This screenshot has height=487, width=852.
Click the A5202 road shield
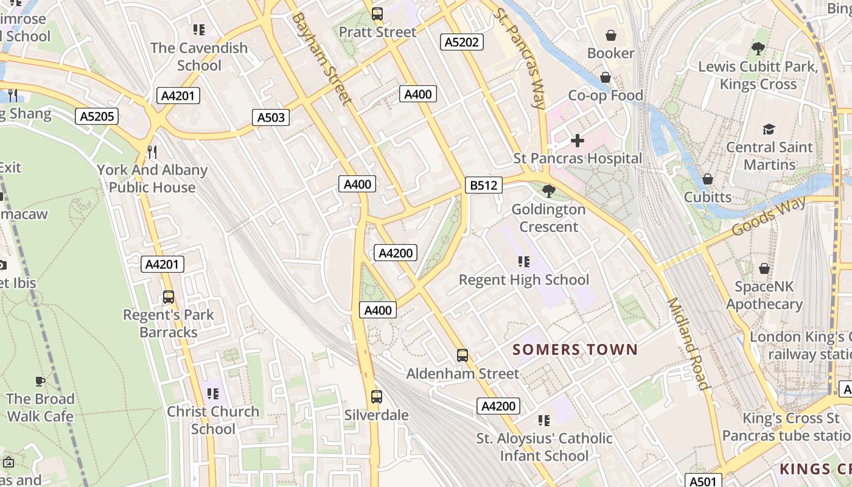tap(462, 41)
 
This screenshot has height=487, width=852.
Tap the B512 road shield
tap(484, 185)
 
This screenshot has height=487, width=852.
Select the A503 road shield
tap(271, 117)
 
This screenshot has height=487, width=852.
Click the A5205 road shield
tap(97, 116)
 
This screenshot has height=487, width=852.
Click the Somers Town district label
tap(574, 349)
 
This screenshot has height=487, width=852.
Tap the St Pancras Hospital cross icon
tap(577, 141)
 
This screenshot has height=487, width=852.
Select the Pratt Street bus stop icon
tap(377, 14)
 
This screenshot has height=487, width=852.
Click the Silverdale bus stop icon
tap(377, 397)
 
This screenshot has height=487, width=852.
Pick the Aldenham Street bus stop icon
tap(463, 356)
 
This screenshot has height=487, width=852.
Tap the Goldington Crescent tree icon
tap(548, 191)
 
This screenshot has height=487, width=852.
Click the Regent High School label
tap(524, 279)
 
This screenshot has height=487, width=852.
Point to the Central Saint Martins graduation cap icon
tap(769, 129)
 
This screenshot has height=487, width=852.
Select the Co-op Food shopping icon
tap(606, 77)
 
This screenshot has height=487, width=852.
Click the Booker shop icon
tap(610, 35)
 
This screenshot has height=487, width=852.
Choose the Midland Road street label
tap(688, 344)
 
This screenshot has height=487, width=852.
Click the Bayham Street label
tap(321, 58)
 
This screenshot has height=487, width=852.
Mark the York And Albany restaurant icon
tap(152, 152)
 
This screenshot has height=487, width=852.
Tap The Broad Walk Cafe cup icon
tap(40, 381)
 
